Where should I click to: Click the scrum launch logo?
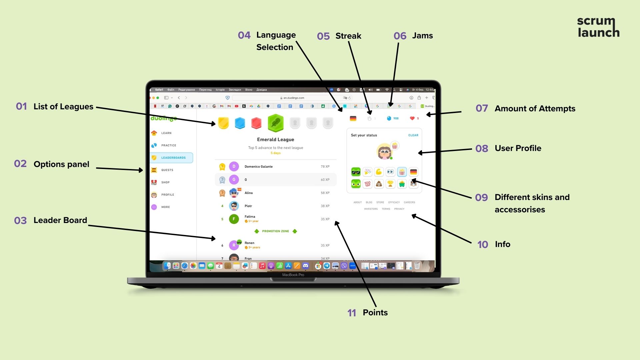598,27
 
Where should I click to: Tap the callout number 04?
244,35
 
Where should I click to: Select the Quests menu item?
167,170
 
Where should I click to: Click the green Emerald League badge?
276,123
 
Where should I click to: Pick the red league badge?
256,123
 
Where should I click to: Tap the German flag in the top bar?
353,118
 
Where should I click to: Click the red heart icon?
412,118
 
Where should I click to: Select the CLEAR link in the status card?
413,135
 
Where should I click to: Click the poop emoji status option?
379,184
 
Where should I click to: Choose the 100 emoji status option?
367,184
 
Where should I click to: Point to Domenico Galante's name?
258,167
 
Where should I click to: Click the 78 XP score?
325,167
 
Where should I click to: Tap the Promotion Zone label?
275,231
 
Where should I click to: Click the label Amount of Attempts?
535,109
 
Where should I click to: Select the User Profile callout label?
518,148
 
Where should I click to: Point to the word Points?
375,313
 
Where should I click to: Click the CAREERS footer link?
409,202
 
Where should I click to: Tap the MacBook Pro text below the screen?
293,275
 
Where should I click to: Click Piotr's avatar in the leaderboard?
234,206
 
